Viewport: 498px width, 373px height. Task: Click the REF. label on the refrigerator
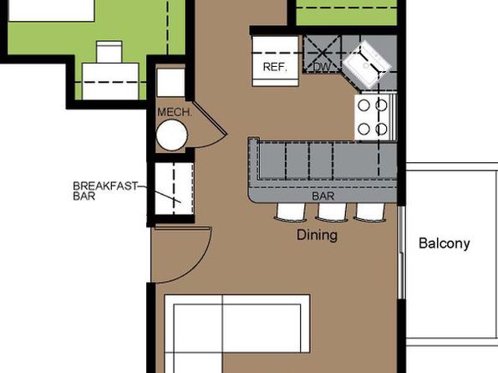pyautogui.click(x=275, y=67)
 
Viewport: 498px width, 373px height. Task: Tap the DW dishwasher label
pyautogui.click(x=322, y=67)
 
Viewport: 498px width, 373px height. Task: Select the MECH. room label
pyautogui.click(x=175, y=112)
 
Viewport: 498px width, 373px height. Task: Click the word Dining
pyautogui.click(x=317, y=235)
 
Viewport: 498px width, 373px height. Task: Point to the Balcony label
pyautogui.click(x=445, y=243)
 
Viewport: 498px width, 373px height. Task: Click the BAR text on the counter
pyautogui.click(x=323, y=197)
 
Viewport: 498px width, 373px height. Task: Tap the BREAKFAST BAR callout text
pyautogui.click(x=105, y=191)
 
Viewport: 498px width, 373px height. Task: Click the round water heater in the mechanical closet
pyautogui.click(x=172, y=135)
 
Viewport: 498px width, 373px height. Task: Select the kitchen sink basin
pyautogui.click(x=367, y=65)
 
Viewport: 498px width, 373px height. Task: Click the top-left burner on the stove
pyautogui.click(x=364, y=105)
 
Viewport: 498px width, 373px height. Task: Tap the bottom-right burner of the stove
pyautogui.click(x=381, y=129)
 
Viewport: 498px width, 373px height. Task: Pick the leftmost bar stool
pyautogui.click(x=291, y=212)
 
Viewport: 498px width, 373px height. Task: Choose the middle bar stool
pyautogui.click(x=333, y=212)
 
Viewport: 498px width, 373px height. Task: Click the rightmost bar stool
pyautogui.click(x=370, y=212)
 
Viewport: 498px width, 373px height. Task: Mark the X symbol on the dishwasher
pyautogui.click(x=322, y=54)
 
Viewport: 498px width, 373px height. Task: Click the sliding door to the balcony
pyautogui.click(x=401, y=253)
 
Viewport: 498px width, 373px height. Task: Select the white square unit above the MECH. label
pyautogui.click(x=170, y=83)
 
